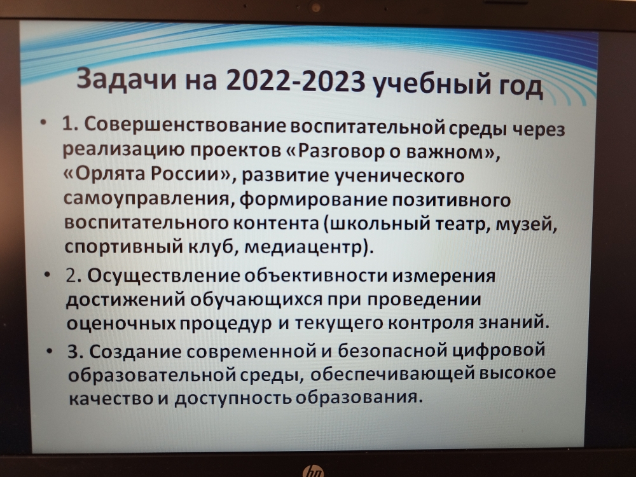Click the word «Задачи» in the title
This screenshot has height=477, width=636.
(127, 79)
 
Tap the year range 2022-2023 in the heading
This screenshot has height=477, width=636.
(295, 81)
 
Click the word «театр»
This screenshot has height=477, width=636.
(460, 225)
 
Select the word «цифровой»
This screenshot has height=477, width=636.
(498, 350)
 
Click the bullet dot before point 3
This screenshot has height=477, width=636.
(49, 350)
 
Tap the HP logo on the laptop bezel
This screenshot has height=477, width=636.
(313, 471)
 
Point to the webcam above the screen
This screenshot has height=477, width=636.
(315, 7)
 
